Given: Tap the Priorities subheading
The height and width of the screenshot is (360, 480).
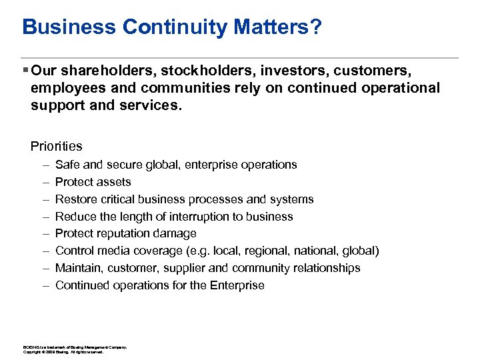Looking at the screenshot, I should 57,146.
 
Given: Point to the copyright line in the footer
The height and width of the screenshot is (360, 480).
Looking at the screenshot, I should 63,351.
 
